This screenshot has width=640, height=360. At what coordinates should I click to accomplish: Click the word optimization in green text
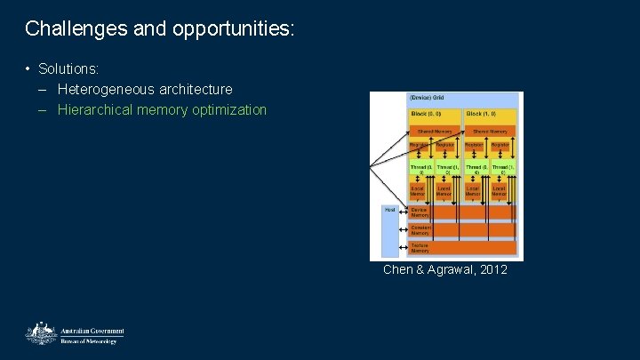coord(226,110)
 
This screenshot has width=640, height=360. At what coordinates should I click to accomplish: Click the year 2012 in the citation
coord(492,269)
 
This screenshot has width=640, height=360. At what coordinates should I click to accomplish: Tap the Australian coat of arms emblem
coord(39,334)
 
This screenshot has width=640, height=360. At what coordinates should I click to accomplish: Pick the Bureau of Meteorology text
coord(88,340)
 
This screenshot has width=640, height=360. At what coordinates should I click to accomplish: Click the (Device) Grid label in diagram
coord(428,97)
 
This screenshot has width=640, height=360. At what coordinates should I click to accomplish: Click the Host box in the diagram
coord(390,210)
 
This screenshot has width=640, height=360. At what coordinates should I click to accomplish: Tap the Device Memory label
coord(420,212)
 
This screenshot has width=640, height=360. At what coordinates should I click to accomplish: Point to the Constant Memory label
coord(420,229)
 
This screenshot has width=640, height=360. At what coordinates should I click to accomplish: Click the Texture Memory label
coord(420,247)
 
